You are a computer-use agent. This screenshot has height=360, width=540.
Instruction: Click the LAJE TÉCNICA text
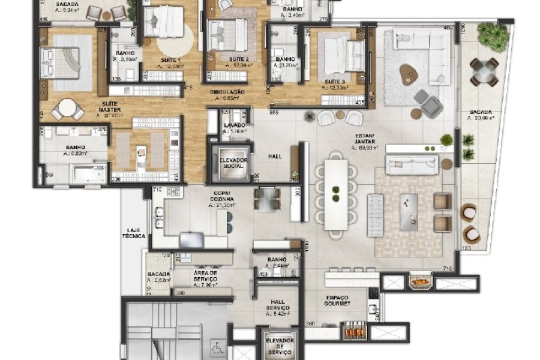(133, 232)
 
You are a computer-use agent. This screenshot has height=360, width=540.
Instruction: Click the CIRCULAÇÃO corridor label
(227, 94)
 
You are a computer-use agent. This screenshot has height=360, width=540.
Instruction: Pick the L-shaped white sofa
(420, 45)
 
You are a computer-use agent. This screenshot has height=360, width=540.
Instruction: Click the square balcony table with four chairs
(484, 72)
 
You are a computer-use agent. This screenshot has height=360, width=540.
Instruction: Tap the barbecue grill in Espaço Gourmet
(356, 330)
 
